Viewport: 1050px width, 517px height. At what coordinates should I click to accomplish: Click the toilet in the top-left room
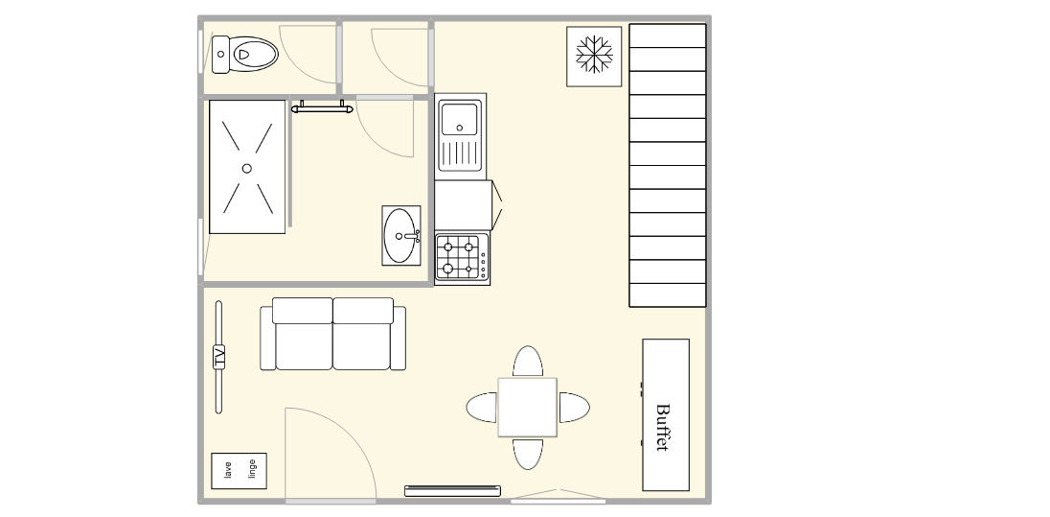point(245,55)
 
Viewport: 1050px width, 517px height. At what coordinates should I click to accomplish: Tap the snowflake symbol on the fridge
point(594,54)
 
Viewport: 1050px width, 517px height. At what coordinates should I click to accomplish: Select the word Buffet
point(663,427)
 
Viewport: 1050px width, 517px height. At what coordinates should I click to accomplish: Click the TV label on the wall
point(219,357)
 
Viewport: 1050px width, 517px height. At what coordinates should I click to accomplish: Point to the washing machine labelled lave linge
point(240,471)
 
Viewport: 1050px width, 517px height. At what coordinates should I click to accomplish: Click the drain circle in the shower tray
point(246,168)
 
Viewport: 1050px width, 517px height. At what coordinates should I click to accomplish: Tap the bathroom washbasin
point(401,235)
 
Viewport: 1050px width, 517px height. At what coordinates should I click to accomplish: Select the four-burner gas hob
point(462,258)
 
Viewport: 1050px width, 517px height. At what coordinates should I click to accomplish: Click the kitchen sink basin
point(460,119)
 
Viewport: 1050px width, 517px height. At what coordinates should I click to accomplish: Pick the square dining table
point(527,407)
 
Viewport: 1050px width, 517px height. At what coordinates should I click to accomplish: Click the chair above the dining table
point(528,362)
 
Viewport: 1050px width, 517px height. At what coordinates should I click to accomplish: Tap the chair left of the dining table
point(482,408)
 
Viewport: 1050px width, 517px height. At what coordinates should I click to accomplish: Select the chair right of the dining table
point(574,408)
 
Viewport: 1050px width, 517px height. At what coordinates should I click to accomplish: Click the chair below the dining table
point(528,454)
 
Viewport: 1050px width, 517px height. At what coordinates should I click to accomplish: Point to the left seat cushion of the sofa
point(304,345)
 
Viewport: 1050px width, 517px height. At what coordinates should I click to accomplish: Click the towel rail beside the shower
point(322,108)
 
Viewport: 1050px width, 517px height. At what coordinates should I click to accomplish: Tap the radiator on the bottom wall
point(453,491)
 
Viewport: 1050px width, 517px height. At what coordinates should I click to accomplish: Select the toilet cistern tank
point(220,55)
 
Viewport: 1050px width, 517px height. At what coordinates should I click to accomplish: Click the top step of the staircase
point(668,35)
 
